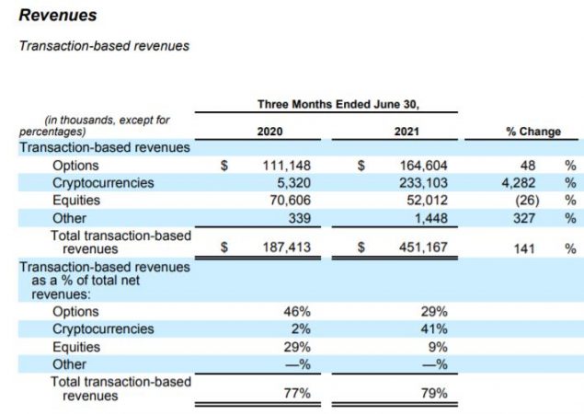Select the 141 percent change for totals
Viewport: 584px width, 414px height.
[x=528, y=247]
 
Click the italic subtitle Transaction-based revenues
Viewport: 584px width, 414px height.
[x=104, y=46]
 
